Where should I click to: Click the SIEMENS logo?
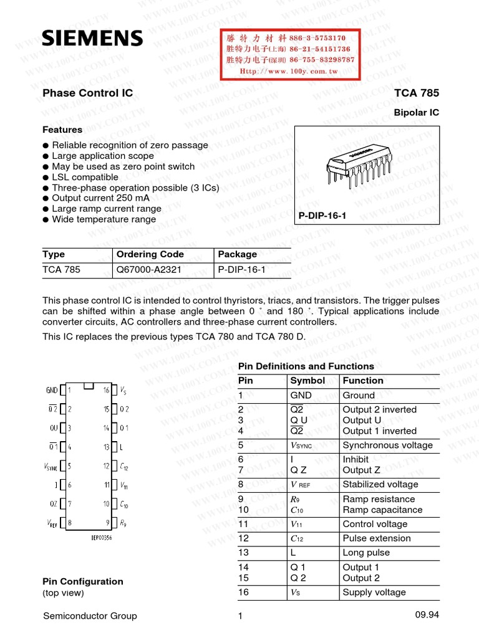click(x=92, y=39)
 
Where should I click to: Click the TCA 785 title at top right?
click(x=417, y=93)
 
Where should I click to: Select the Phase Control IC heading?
click(x=87, y=93)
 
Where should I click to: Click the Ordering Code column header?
click(x=150, y=254)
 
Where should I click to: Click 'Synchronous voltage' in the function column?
click(x=387, y=445)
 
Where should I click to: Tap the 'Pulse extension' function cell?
click(x=377, y=538)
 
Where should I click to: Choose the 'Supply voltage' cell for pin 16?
click(x=374, y=592)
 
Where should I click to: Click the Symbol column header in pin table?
click(x=308, y=380)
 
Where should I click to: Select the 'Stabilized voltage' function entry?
click(x=380, y=484)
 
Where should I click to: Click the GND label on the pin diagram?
click(x=51, y=391)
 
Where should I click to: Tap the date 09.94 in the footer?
click(x=427, y=616)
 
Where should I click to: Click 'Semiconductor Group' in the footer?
click(x=90, y=616)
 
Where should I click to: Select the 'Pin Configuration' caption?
click(x=83, y=581)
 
